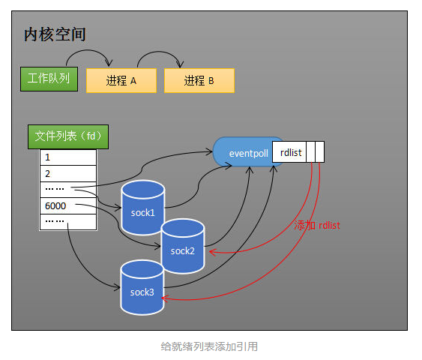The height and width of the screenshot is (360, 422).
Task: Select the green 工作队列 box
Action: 48,78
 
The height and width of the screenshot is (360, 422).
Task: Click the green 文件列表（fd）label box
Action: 67,136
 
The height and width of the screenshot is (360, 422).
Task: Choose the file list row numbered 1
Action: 67,157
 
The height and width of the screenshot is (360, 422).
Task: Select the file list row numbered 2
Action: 67,173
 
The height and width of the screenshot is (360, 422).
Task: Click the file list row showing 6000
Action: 67,206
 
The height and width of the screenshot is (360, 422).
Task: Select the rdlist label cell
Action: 291,152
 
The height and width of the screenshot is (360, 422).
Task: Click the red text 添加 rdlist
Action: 318,225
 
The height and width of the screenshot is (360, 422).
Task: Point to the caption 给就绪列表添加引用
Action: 210,346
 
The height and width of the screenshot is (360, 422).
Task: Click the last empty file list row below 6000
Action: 67,222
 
